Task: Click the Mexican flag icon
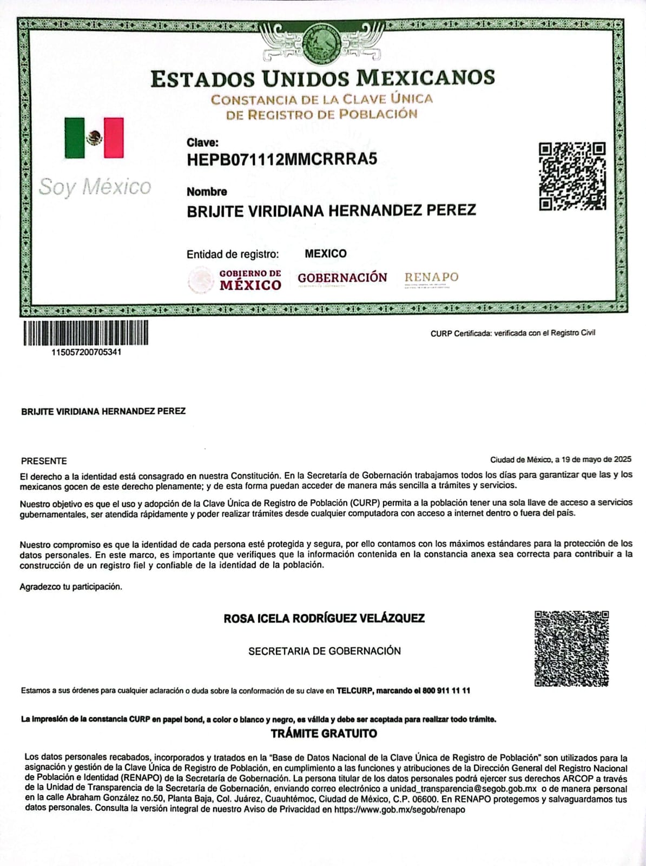click(94, 138)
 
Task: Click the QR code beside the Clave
click(572, 176)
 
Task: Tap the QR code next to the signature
click(571, 648)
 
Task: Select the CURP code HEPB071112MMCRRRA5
click(281, 160)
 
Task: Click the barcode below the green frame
click(85, 333)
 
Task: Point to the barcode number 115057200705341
click(86, 352)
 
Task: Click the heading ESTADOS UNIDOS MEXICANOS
click(322, 78)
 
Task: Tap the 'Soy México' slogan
click(95, 187)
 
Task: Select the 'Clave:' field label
click(202, 143)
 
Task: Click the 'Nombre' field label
click(207, 192)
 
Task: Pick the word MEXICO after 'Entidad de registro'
click(326, 254)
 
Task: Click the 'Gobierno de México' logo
click(235, 280)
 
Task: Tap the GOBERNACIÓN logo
click(342, 278)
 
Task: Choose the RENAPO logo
click(431, 278)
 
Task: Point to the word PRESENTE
click(44, 461)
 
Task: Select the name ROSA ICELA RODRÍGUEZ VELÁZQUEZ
click(324, 618)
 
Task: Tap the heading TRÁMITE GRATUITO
click(324, 734)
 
